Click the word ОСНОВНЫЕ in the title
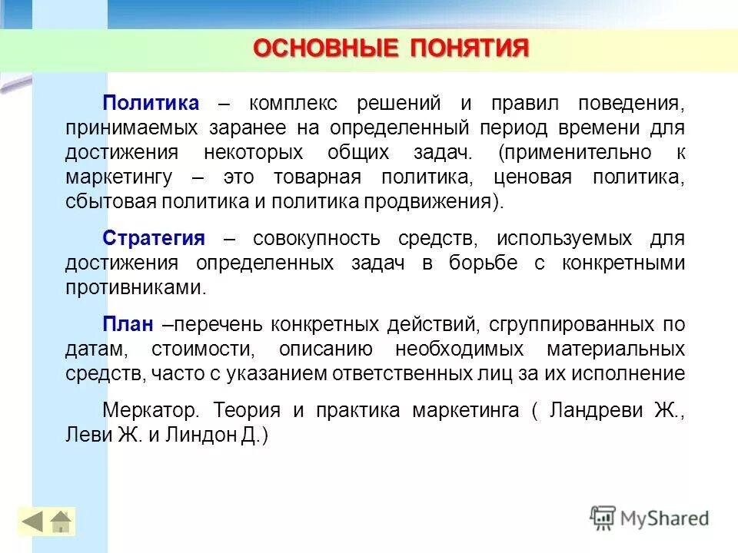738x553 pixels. tap(325, 48)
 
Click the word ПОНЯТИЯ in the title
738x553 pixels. tap(470, 48)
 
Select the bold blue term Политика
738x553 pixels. tap(151, 103)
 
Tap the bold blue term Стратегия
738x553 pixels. tap(154, 238)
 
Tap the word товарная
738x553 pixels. tap(317, 177)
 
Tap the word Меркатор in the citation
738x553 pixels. tap(151, 410)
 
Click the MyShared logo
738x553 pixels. tap(650, 518)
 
